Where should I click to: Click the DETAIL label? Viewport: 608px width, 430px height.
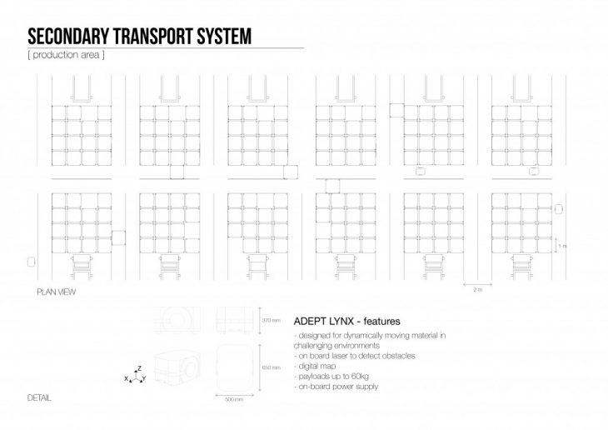38,397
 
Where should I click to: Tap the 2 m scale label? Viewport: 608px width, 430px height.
476,289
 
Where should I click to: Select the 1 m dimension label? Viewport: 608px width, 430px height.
562,246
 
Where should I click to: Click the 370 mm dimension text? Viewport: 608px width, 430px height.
271,319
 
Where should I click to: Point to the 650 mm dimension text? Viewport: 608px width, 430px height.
271,367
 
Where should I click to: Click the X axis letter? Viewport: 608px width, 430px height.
126,379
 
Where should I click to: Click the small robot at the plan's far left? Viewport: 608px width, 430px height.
31,262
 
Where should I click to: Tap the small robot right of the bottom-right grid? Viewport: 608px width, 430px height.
560,209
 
